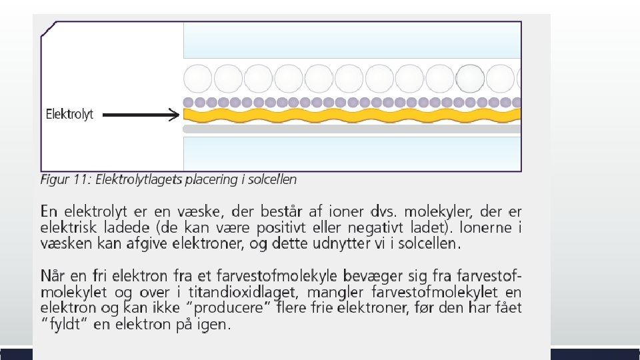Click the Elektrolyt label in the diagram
coord(69,114)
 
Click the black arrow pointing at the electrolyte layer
coord(141,115)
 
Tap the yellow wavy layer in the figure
coord(351,116)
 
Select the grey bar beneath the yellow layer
coord(351,129)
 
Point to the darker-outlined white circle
coord(471,79)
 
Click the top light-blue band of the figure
coord(351,40)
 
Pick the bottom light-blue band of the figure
coord(351,153)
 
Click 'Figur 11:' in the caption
coord(66,179)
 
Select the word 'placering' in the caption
coord(213,179)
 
